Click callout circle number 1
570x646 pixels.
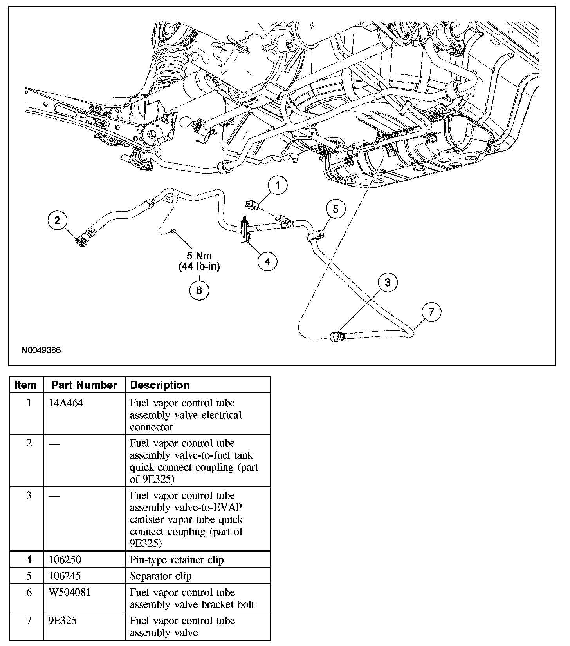point(278,185)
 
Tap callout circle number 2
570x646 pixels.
point(58,220)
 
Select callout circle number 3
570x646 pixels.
point(388,282)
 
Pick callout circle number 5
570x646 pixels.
point(336,209)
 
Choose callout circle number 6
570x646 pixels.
point(199,290)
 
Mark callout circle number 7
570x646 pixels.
point(431,312)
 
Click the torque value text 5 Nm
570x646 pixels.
point(199,256)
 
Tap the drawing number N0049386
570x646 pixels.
point(41,350)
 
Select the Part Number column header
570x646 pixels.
point(84,385)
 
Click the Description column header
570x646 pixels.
point(160,385)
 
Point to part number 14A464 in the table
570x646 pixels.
point(66,403)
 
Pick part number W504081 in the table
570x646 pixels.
point(70,592)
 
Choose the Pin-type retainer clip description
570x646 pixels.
point(177,560)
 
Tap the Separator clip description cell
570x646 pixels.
point(161,576)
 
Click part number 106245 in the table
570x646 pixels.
point(65,576)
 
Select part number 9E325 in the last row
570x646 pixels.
point(63,621)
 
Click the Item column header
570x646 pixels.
point(26,385)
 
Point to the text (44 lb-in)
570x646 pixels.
point(199,267)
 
